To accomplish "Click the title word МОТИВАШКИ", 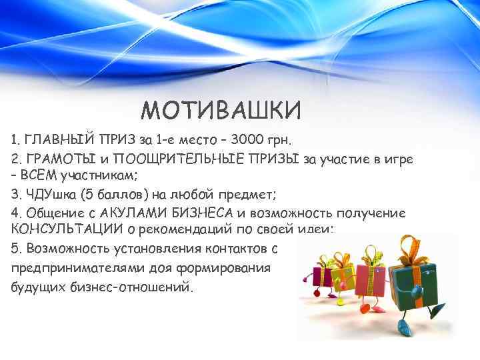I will click(221, 109).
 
